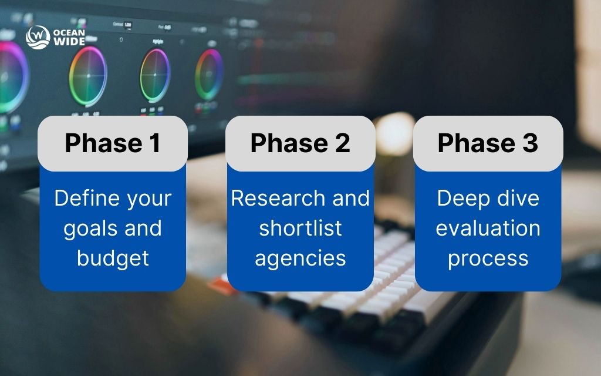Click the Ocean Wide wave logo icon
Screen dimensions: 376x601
(37, 37)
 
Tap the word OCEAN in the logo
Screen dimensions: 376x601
(69, 32)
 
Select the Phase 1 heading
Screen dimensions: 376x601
(113, 143)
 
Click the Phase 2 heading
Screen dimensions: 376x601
(300, 143)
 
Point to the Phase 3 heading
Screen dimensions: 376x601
(488, 143)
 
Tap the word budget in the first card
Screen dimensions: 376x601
(113, 258)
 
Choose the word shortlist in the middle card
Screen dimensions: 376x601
(300, 229)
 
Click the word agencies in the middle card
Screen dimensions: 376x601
(300, 258)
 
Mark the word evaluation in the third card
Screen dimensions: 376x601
(488, 229)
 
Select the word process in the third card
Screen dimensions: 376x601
(488, 258)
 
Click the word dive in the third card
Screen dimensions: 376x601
(518, 198)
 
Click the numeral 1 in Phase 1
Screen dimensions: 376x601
(154, 143)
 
